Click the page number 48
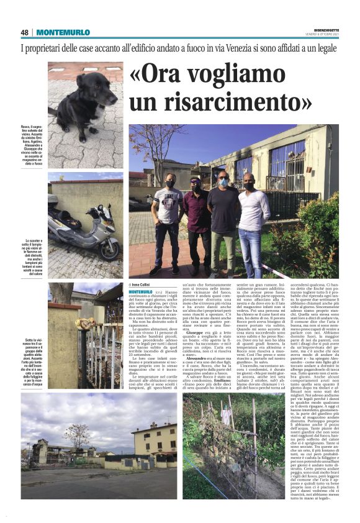(25, 33)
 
